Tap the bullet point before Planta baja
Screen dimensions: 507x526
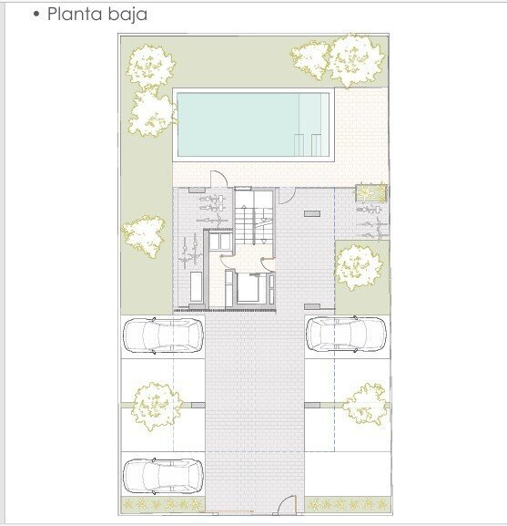(x=36, y=15)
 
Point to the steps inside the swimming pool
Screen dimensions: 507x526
(x=308, y=145)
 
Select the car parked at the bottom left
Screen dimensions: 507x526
(x=163, y=476)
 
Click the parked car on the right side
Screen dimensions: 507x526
(x=346, y=335)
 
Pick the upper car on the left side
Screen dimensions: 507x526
(x=163, y=335)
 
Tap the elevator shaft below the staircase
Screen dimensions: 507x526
(x=248, y=288)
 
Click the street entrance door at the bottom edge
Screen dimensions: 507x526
(x=287, y=505)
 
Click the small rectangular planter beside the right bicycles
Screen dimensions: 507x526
(x=371, y=193)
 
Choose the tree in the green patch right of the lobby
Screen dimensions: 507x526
(x=359, y=267)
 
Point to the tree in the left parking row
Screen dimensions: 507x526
(x=157, y=406)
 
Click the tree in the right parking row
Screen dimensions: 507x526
(x=365, y=406)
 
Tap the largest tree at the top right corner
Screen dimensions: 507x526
(x=356, y=60)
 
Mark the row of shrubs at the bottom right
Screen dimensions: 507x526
(x=348, y=504)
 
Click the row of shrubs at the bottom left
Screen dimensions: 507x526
(x=163, y=504)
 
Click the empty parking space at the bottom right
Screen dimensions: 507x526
(x=348, y=474)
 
